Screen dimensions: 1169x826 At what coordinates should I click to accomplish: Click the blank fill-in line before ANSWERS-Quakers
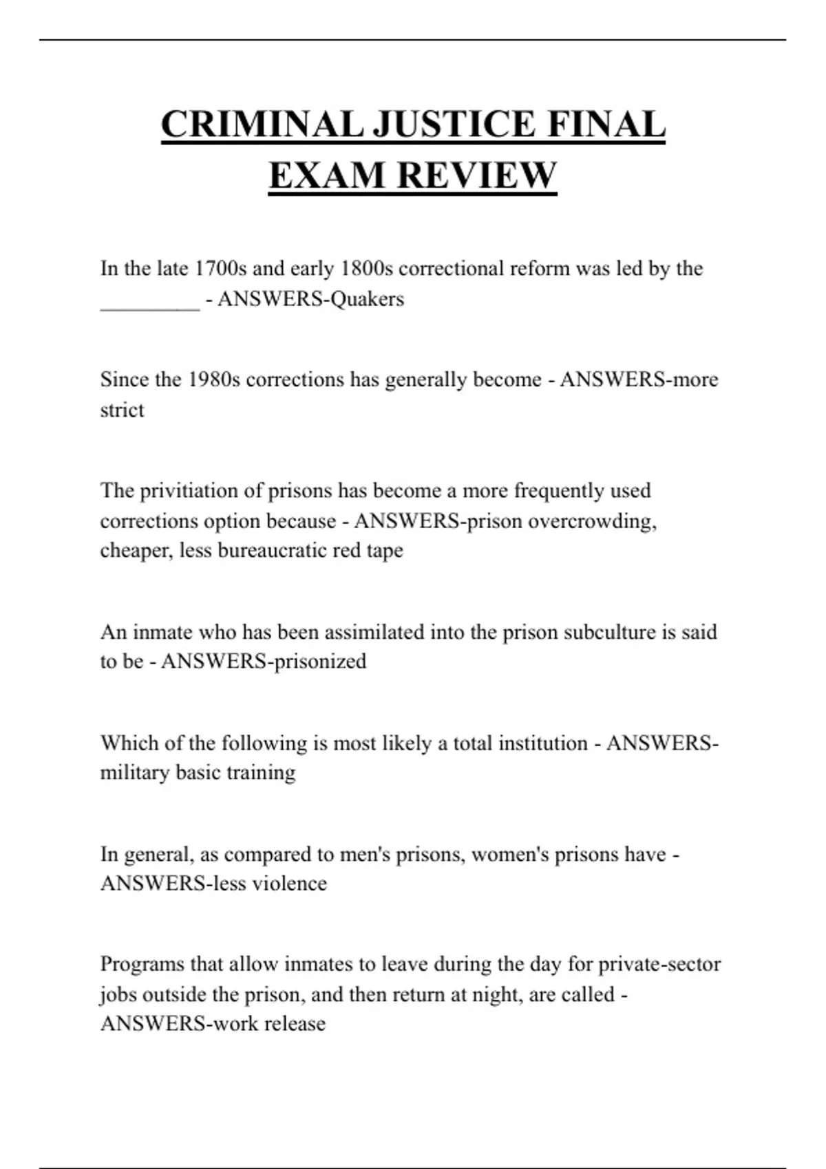pyautogui.click(x=149, y=301)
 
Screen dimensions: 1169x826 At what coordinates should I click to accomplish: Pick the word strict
pyautogui.click(x=122, y=410)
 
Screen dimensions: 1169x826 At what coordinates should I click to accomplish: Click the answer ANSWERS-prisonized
pyautogui.click(x=264, y=662)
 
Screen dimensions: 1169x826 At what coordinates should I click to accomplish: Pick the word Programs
pyautogui.click(x=142, y=964)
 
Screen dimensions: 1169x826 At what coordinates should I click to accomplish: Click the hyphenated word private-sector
pyautogui.click(x=659, y=964)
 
